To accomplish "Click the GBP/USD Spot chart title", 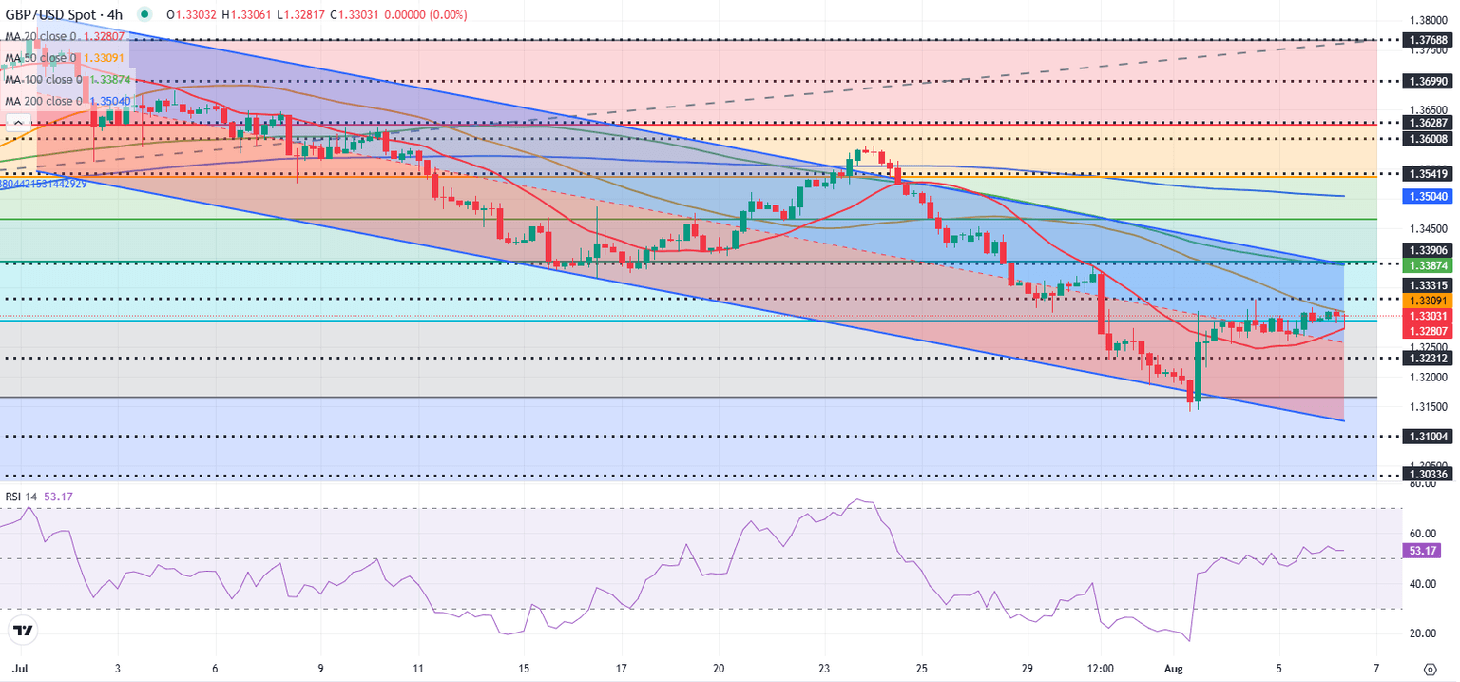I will (x=67, y=15).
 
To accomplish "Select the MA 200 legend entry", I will (x=67, y=100).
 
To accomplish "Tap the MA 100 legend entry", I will (x=67, y=79).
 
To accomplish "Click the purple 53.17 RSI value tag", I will (x=1422, y=550).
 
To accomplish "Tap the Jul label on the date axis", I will (x=17, y=668).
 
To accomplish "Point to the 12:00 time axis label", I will (x=1100, y=668).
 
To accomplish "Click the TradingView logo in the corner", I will (x=23, y=630).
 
